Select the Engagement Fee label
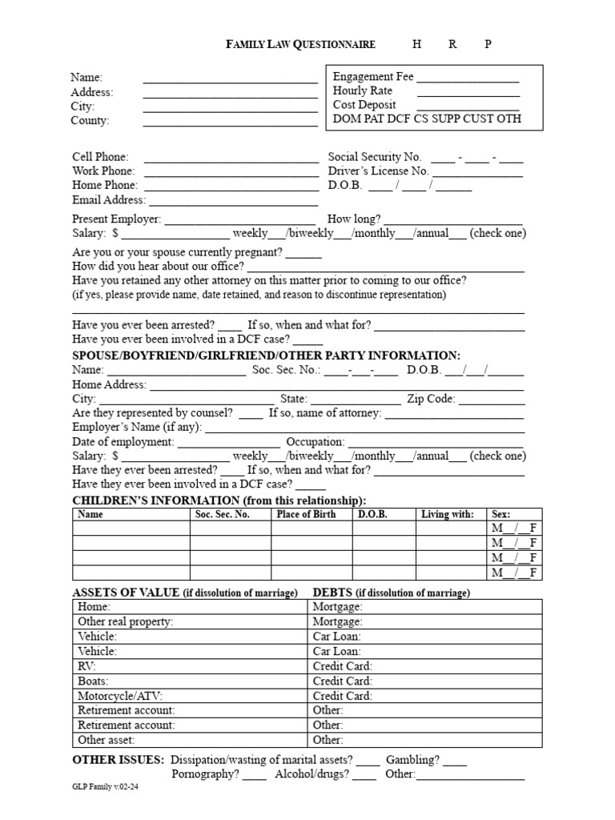pyautogui.click(x=373, y=77)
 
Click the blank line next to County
pyautogui.click(x=231, y=121)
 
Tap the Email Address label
pyautogui.click(x=109, y=200)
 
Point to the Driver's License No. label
pyautogui.click(x=378, y=171)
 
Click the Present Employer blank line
pyautogui.click(x=239, y=219)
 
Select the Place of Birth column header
pyautogui.click(x=306, y=515)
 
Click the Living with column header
pyautogui.click(x=447, y=515)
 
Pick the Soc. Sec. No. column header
pyautogui.click(x=223, y=515)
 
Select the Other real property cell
pyautogui.click(x=125, y=621)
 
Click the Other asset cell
pyautogui.click(x=106, y=740)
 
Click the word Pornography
pyautogui.click(x=204, y=774)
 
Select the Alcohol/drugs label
pyautogui.click(x=312, y=774)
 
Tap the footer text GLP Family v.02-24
pyautogui.click(x=110, y=788)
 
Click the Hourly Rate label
pyautogui.click(x=362, y=91)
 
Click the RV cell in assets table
pyautogui.click(x=86, y=666)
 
